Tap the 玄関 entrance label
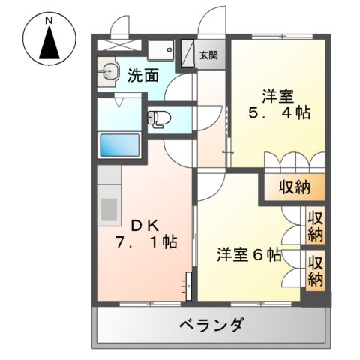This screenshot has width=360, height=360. tap(208, 55)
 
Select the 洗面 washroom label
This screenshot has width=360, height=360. tap(142, 75)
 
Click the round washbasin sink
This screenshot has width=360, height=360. tap(108, 73)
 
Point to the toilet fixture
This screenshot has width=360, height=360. tap(158, 118)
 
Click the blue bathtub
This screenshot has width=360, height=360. tap(119, 144)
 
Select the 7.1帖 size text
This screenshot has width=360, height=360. tap(147, 244)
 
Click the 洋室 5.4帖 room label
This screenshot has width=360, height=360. tap(277, 105)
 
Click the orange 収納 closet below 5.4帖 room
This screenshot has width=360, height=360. tap(293, 187)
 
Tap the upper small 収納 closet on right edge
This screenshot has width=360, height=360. tap(315, 225)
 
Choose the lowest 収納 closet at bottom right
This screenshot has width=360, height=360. tap(315, 271)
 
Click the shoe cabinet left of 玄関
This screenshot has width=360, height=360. tap(161, 50)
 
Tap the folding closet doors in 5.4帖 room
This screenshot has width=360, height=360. tap(293, 161)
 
